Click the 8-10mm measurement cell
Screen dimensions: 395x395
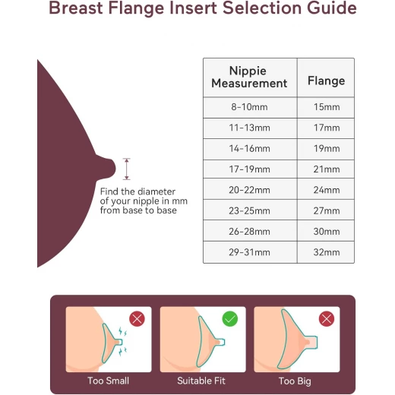point(249,107)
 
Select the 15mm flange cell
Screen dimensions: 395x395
point(327,107)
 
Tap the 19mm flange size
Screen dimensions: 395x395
point(327,149)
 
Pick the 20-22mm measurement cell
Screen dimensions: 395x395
point(249,190)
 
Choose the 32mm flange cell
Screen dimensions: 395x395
point(327,252)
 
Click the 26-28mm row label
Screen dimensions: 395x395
point(249,232)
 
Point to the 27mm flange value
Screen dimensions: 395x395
point(327,211)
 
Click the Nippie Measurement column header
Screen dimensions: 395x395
point(249,77)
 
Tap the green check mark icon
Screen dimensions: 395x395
point(230,319)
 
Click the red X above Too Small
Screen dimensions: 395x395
point(137,319)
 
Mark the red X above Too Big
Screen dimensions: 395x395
point(327,319)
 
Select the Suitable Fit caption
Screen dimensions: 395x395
point(201,381)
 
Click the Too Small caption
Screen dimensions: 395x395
point(109,381)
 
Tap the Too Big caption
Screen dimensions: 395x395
point(295,381)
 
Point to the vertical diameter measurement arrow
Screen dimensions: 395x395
point(127,169)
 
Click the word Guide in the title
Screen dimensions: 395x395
point(332,8)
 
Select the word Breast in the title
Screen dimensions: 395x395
point(76,8)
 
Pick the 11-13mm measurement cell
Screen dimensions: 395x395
point(249,128)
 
